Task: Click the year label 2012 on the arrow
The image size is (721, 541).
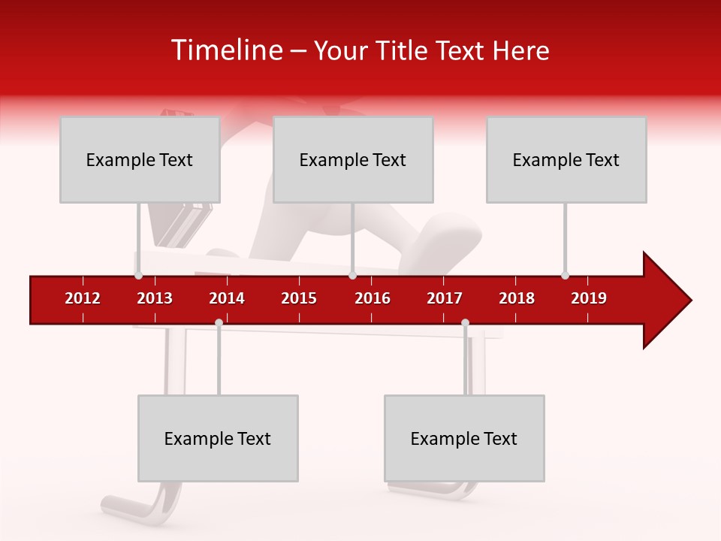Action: coord(83,298)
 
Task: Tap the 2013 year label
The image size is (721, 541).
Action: coord(155,298)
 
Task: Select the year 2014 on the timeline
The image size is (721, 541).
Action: coord(227,298)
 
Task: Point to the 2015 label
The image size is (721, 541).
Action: coord(299,298)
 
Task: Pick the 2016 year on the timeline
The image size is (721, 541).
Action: coord(373,298)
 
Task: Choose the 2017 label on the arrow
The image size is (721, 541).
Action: coord(445,298)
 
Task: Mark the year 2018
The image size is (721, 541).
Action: coord(517,298)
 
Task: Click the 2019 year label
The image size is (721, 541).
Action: coord(589,298)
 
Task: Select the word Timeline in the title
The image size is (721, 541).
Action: coord(226,50)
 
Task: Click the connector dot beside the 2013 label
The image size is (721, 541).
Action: coord(138,276)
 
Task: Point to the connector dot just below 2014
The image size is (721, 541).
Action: coord(219,323)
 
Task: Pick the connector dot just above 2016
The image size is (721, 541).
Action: coord(352,276)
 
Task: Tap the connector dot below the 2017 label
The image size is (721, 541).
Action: coord(465,323)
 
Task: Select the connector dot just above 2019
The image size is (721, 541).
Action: coord(565,276)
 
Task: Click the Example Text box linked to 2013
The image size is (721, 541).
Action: coord(140,159)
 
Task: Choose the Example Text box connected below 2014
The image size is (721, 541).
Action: coord(218,438)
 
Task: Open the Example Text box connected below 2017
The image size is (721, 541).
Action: coord(464,438)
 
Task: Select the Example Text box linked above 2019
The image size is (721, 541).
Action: coord(566,159)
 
